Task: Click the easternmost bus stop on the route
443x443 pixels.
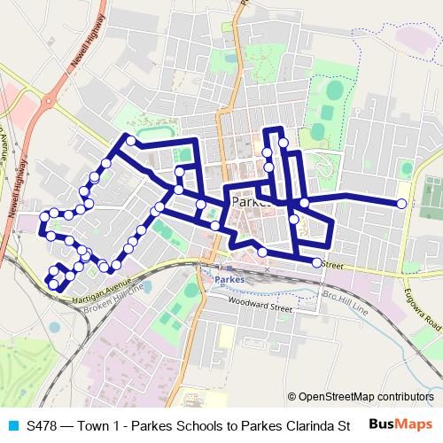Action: (401, 204)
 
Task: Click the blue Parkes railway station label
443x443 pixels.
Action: (229, 278)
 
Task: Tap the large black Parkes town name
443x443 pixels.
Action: (249, 203)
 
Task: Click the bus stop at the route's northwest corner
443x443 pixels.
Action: (131, 140)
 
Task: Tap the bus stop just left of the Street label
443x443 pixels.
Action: (317, 261)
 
